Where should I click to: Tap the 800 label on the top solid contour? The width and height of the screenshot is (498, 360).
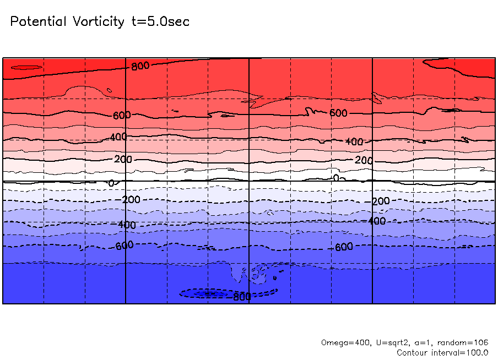coord(140,66)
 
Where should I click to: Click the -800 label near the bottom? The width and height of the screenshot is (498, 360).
coord(241,297)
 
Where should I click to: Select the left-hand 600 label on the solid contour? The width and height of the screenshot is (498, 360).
coord(122,116)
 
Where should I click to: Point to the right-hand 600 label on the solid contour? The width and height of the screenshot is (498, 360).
coord(338,113)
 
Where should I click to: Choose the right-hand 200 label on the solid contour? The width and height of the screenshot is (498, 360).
coord(364,160)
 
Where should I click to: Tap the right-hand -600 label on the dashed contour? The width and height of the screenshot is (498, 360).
coord(343,247)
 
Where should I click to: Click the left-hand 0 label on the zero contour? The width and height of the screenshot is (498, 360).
coord(111,183)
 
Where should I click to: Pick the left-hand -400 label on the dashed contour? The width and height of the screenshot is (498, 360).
coord(126,225)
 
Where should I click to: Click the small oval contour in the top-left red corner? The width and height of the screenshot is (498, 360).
coord(26,68)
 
